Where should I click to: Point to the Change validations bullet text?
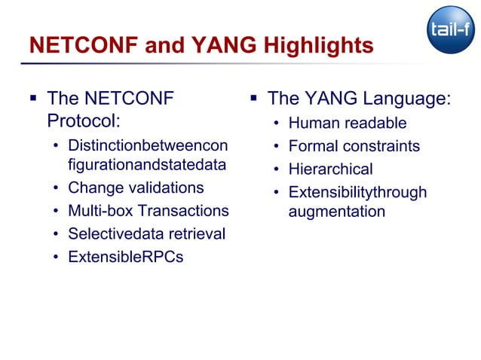(x=136, y=188)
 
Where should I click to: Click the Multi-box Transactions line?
(x=148, y=210)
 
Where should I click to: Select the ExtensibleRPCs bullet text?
(x=125, y=257)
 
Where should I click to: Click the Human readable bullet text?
(x=348, y=123)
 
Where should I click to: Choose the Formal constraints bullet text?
(x=354, y=146)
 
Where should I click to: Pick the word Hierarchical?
(x=330, y=169)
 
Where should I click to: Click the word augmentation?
(x=336, y=212)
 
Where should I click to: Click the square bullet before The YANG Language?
(x=254, y=98)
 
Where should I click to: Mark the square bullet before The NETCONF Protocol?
(x=33, y=98)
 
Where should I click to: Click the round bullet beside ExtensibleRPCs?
(x=56, y=258)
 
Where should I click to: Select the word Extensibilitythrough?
(x=357, y=193)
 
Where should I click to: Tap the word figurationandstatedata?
(x=147, y=163)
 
